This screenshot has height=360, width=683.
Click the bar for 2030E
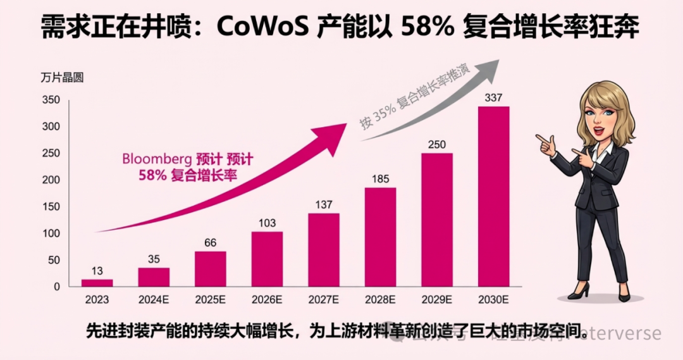click(x=493, y=196)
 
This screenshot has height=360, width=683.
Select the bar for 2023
click(x=97, y=283)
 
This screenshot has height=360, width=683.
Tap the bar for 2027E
click(x=324, y=249)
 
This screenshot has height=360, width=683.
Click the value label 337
click(x=493, y=98)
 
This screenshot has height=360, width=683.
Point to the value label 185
click(x=380, y=179)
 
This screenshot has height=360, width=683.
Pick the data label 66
click(x=211, y=243)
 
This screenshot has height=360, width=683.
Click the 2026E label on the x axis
click(x=267, y=299)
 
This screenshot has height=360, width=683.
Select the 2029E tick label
click(x=437, y=299)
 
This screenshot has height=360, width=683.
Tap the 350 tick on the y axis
click(x=51, y=100)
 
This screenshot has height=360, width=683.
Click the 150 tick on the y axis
click(x=51, y=207)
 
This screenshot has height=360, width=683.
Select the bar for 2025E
click(x=211, y=269)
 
